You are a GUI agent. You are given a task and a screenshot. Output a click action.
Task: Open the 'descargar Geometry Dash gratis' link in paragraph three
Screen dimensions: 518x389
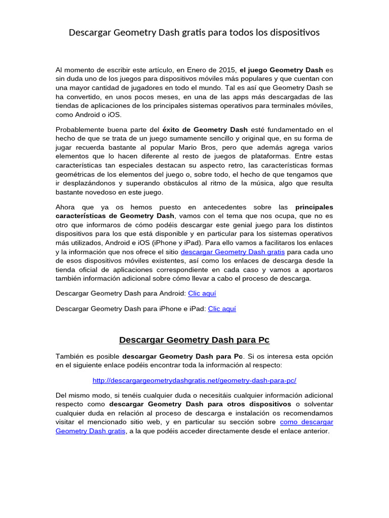pos(232,251)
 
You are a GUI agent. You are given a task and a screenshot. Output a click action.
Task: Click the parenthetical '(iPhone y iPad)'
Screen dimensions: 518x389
pos(178,242)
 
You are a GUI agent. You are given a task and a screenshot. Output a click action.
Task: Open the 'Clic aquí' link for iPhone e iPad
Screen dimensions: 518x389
pos(222,309)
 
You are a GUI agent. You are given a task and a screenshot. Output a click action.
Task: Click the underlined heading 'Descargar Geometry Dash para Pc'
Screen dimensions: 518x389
pos(194,339)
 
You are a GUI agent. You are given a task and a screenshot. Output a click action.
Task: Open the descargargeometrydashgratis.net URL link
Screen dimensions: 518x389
pos(194,380)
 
